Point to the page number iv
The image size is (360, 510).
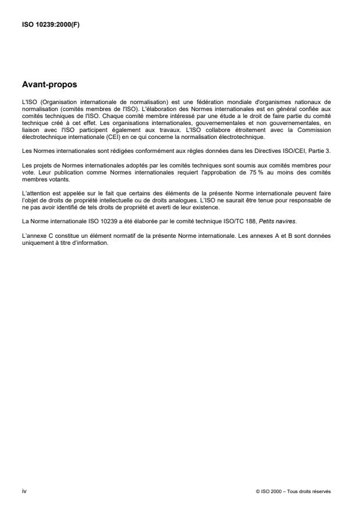point(24,491)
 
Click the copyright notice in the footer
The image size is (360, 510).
point(293,491)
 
